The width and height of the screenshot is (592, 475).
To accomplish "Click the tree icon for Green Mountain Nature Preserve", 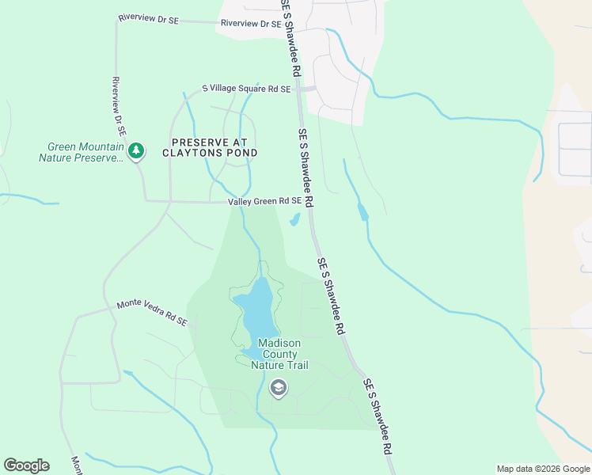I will click(137, 150).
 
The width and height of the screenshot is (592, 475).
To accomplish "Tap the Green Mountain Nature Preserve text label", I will click(85, 152).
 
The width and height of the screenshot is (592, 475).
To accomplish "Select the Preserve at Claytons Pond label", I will click(210, 147).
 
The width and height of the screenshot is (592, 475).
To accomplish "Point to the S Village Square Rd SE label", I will click(246, 89).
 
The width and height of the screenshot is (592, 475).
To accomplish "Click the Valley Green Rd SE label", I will click(264, 201).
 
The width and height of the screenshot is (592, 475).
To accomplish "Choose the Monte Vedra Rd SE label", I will click(152, 313).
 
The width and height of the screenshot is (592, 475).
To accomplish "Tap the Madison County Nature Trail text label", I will click(279, 354).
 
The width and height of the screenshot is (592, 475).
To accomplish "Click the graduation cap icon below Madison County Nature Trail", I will click(278, 387).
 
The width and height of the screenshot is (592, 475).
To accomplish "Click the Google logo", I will click(26, 465).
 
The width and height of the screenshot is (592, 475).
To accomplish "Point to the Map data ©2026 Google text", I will click(543, 469).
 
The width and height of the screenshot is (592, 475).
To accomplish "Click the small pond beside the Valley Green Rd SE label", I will click(295, 219).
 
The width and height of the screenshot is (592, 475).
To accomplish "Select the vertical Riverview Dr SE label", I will click(120, 108).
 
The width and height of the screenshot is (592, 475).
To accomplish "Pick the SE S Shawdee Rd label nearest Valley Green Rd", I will click(306, 167).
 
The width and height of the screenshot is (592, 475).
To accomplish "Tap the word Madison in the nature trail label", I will click(279, 344).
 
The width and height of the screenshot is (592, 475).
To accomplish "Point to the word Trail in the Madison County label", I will click(292, 365).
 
